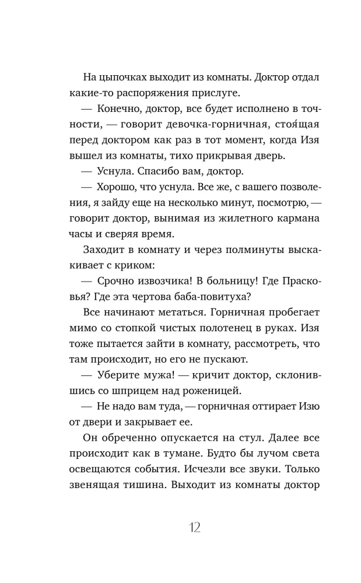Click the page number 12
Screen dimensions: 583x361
[194, 528]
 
